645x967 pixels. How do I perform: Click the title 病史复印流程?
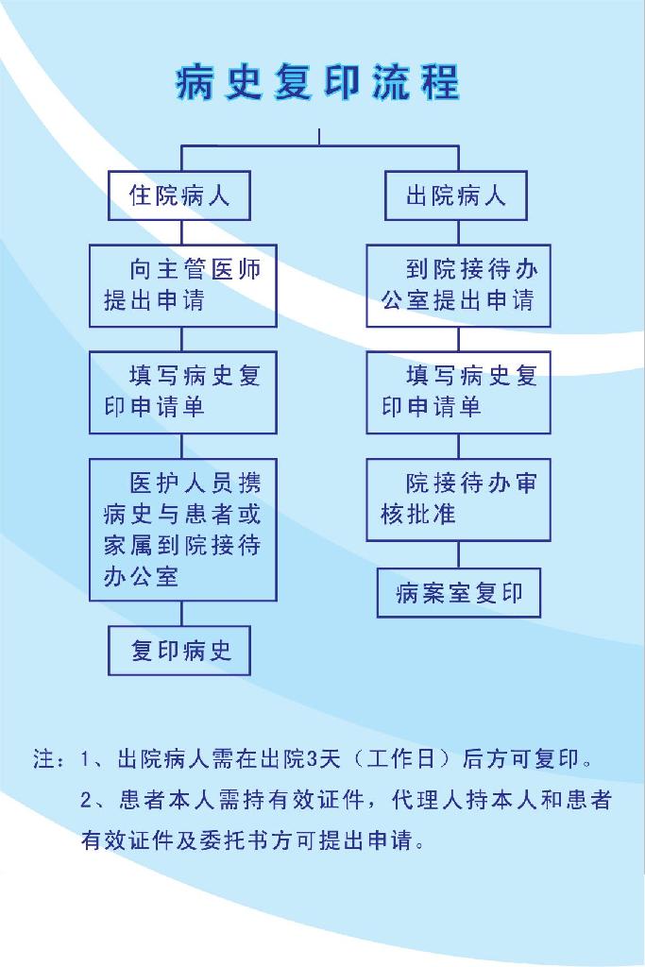(317, 82)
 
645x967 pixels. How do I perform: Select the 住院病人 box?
(179, 195)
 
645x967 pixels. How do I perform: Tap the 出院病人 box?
(456, 195)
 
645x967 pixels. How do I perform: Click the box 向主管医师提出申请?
(183, 285)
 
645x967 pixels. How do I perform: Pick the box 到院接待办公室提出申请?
(459, 285)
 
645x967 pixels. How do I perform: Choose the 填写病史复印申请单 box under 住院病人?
(183, 392)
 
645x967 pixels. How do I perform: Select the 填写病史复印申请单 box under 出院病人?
(459, 392)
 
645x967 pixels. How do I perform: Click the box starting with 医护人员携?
(183, 530)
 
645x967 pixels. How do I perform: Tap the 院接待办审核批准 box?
(459, 500)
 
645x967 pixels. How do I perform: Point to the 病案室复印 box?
(459, 593)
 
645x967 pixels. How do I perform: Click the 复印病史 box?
(179, 651)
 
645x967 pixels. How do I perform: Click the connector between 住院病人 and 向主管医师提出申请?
(182, 232)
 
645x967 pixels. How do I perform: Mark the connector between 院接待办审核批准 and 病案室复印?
(459, 555)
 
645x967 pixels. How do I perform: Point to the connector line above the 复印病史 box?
(182, 614)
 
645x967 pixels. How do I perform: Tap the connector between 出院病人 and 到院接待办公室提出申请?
(459, 232)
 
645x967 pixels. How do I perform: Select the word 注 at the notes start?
(43, 758)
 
